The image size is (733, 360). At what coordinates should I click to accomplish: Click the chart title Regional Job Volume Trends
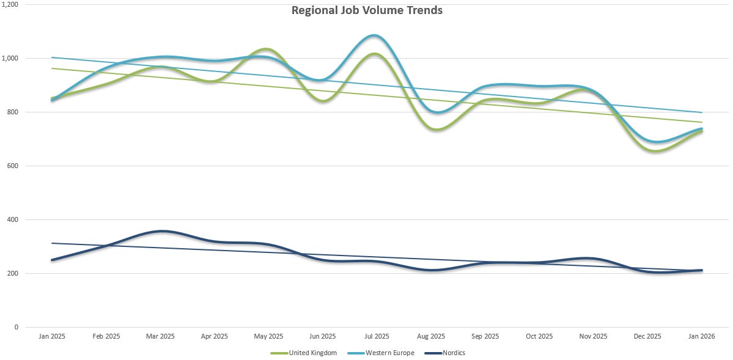[366, 10]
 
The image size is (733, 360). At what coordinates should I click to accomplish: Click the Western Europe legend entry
[389, 353]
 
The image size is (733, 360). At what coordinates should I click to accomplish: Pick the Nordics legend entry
[452, 353]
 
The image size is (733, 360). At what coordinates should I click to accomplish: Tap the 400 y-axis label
[12, 220]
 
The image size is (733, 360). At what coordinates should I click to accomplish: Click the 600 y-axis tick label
[12, 166]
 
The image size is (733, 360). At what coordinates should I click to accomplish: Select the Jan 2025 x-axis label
[52, 336]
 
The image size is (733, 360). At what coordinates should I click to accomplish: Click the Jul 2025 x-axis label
[377, 336]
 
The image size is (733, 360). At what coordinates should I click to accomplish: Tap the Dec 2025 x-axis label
[647, 336]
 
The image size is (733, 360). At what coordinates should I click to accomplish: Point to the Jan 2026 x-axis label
[701, 336]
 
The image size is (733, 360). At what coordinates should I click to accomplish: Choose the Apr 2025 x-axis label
[215, 336]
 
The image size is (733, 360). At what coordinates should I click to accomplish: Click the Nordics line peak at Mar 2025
[160, 231]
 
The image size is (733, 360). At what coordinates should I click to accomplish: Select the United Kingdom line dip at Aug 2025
[431, 130]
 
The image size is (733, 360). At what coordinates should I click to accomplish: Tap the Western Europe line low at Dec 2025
[655, 142]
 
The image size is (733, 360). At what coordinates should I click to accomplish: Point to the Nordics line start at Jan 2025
[52, 260]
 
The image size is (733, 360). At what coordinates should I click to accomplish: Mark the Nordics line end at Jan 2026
[701, 270]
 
